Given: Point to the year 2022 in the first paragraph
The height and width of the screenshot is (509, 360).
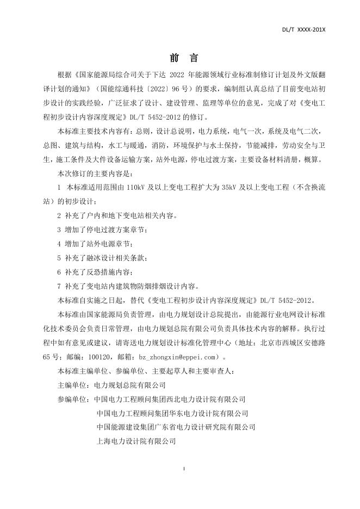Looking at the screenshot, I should pos(179,74).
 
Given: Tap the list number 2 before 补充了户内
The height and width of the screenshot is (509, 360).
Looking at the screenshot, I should pos(59,216).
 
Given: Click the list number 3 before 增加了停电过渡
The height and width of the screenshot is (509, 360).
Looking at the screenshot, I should pos(59,230).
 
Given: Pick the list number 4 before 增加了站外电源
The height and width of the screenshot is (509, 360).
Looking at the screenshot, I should pos(59,244).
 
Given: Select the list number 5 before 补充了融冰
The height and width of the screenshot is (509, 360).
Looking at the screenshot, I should pos(59,258).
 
